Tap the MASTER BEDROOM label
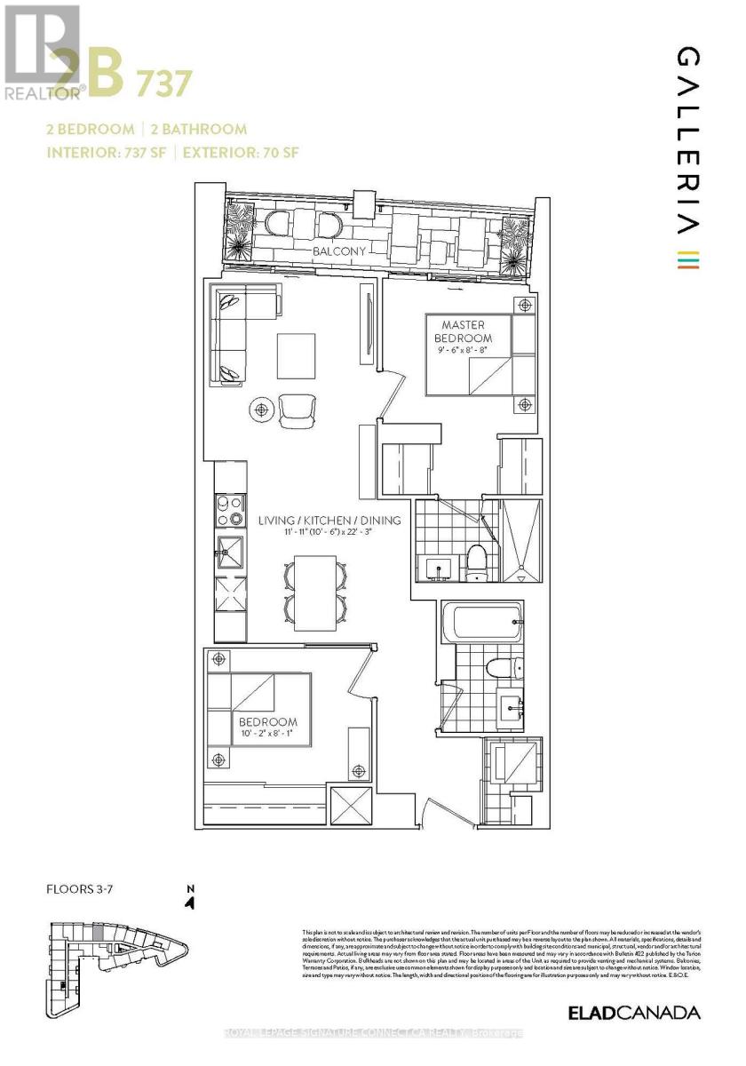point(462,331)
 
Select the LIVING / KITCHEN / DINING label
point(329,520)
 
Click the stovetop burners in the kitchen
point(229,513)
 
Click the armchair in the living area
point(297,410)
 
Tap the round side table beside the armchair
point(262,410)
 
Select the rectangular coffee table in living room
point(297,354)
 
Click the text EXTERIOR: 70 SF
point(241,152)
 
